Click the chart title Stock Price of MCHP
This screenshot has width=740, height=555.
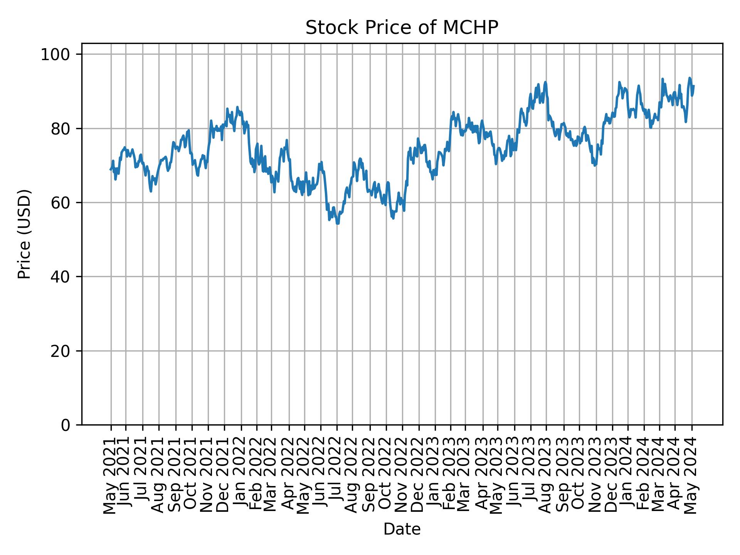pos(402,28)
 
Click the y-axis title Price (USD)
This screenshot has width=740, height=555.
pos(24,234)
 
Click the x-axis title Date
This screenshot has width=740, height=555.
pos(402,529)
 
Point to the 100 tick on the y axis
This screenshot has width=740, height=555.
pos(58,55)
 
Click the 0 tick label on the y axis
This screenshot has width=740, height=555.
pos(66,425)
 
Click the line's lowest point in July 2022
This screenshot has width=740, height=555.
pos(338,223)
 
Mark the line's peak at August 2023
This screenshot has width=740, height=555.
pos(545,82)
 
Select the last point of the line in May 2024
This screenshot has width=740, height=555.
pos(694,86)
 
